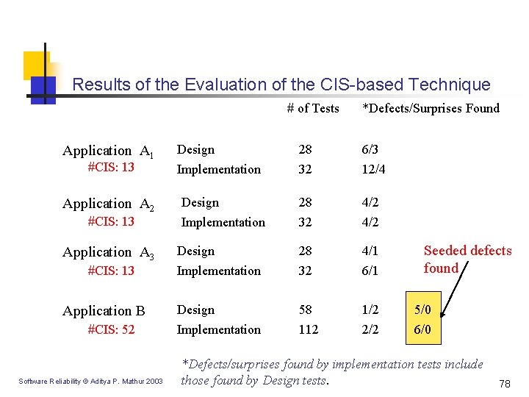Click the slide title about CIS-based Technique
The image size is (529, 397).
point(281,85)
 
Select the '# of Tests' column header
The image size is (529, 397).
point(313,108)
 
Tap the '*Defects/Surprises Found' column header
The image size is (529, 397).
point(431,108)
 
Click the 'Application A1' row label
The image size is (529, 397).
point(108,151)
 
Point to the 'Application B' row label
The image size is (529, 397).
point(104,310)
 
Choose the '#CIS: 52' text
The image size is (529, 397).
point(111,329)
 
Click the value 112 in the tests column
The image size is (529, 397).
point(308,329)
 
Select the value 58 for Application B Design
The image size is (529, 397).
point(305,310)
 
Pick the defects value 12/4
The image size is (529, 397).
point(373,169)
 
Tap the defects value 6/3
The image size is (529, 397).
point(370,149)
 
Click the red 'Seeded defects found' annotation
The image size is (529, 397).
point(467,260)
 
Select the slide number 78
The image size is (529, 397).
point(504,384)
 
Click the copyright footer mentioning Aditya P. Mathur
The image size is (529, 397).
point(90,381)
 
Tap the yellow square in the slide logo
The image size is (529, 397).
point(34,64)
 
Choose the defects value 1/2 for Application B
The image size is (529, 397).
point(370,310)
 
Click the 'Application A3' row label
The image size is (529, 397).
point(108,252)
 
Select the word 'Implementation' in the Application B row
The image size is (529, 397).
point(218,329)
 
